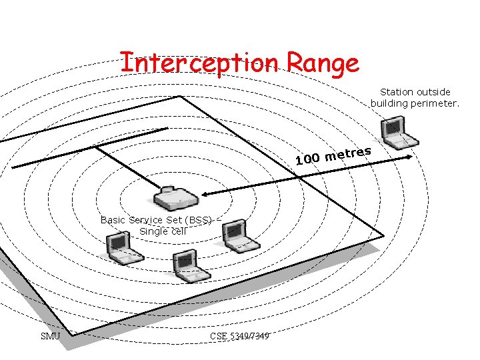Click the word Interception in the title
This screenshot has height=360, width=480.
tap(199, 63)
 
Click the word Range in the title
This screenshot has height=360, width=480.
tap(323, 64)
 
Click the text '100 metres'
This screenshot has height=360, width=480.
tap(333, 155)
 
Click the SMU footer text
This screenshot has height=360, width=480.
tap(51, 336)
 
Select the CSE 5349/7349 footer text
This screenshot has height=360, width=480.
tap(239, 336)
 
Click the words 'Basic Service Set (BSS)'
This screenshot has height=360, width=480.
tap(156, 220)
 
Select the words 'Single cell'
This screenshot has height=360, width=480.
tap(163, 231)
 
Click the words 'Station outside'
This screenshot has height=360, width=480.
tap(415, 92)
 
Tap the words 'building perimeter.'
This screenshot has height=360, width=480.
tap(415, 103)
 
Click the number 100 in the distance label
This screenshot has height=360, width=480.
tap(308, 159)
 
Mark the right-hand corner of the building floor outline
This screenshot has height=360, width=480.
tap(384, 234)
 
